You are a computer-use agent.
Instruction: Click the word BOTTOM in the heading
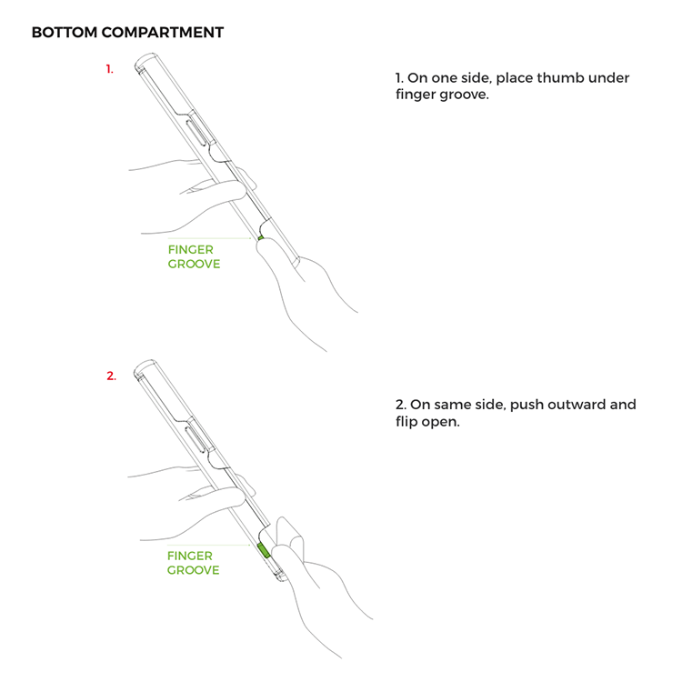65,32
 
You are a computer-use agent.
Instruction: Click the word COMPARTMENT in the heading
162,32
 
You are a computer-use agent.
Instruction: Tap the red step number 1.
110,69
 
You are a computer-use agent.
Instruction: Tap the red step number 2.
111,376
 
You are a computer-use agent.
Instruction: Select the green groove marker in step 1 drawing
260,237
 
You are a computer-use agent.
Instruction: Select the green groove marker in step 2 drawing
264,551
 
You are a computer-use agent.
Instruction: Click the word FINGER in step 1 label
191,250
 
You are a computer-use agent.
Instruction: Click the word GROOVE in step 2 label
193,570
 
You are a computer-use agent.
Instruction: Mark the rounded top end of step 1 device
146,61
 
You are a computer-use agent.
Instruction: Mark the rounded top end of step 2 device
145,367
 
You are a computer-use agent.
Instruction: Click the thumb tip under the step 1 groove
266,245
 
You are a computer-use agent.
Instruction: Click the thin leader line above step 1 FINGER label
209,238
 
